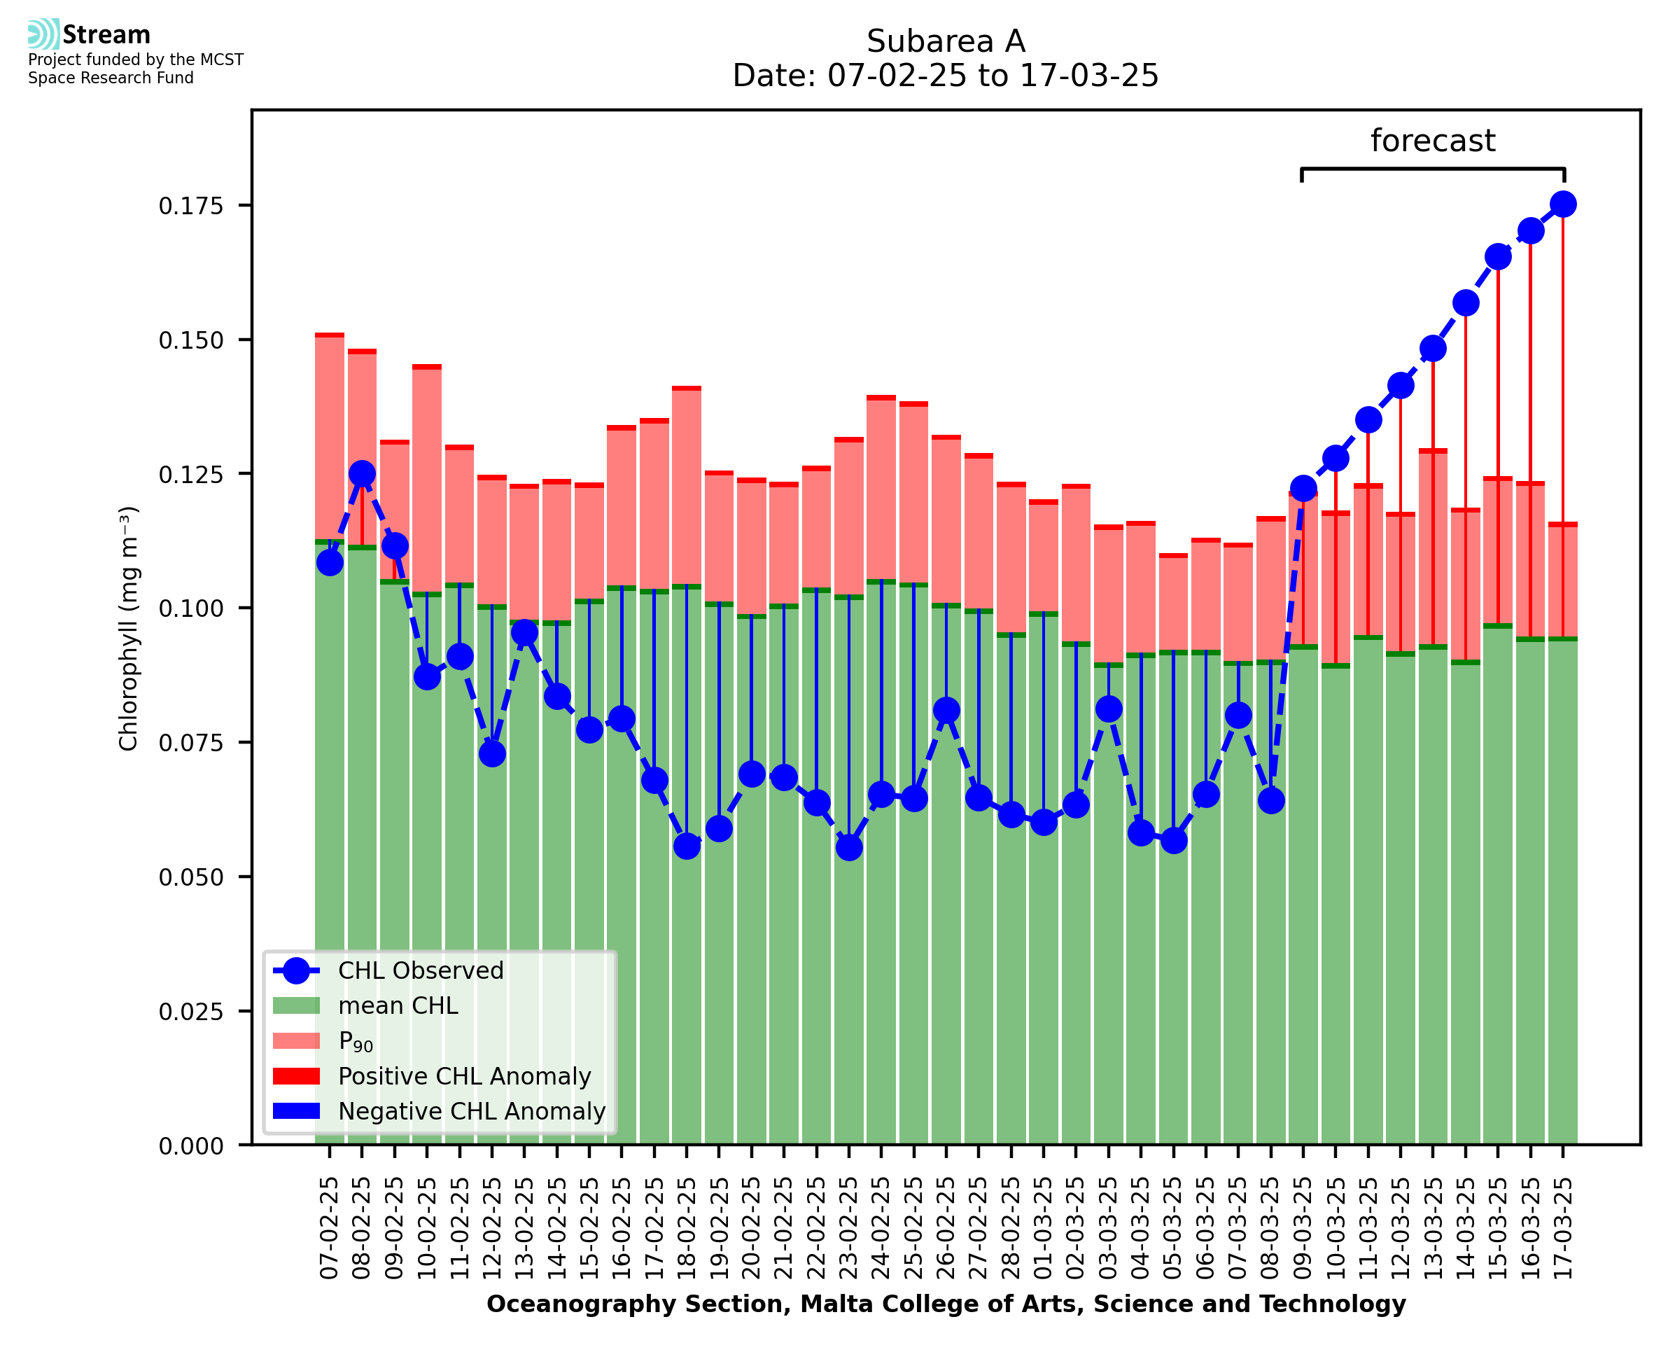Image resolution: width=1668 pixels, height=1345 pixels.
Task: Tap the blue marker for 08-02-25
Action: (362, 473)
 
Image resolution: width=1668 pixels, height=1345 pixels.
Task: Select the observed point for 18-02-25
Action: (686, 846)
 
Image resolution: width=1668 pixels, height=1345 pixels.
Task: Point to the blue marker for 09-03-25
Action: (1303, 489)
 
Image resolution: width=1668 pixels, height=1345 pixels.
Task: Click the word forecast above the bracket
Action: (1432, 141)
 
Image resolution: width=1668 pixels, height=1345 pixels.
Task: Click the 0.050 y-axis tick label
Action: (190, 878)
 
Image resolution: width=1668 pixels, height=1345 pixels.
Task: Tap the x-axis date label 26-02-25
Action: (946, 1228)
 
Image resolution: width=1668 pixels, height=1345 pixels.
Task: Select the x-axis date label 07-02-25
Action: (330, 1228)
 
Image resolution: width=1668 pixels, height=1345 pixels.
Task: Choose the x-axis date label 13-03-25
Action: (1433, 1228)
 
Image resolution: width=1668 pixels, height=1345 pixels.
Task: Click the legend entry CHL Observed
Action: (421, 971)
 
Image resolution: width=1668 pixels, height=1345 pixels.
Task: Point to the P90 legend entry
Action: (356, 1041)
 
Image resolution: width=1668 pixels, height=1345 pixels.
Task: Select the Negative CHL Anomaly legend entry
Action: (471, 1111)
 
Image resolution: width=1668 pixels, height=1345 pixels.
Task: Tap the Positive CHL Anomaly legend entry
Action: (464, 1076)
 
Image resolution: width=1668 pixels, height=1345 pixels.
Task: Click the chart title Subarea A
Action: (946, 42)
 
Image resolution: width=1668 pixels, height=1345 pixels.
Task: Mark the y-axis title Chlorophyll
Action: (129, 628)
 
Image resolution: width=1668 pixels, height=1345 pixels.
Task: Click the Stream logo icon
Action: (43, 34)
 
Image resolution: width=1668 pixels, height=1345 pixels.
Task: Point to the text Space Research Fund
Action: (111, 78)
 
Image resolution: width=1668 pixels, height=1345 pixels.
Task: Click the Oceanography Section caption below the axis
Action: (946, 1304)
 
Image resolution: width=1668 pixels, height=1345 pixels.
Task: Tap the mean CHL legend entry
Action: (398, 1005)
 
